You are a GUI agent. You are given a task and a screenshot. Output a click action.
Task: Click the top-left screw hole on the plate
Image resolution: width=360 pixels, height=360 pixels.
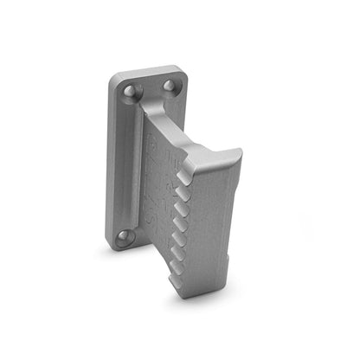[x=130, y=90]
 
